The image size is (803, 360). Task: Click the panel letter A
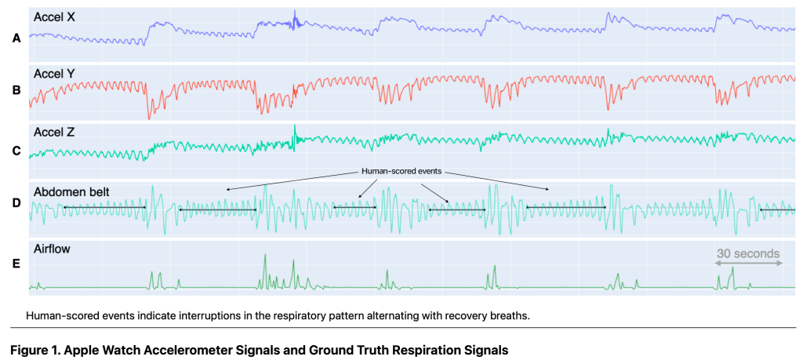(16, 36)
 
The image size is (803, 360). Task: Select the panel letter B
(16, 90)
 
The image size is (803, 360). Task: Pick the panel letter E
(16, 264)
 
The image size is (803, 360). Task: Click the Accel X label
(55, 16)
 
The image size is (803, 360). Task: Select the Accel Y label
(55, 73)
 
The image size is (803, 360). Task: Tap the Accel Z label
(55, 131)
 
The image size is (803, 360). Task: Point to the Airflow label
(53, 249)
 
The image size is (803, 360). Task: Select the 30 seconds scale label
(748, 253)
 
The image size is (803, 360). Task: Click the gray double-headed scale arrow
(749, 264)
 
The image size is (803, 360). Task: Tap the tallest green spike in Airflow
(265, 257)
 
